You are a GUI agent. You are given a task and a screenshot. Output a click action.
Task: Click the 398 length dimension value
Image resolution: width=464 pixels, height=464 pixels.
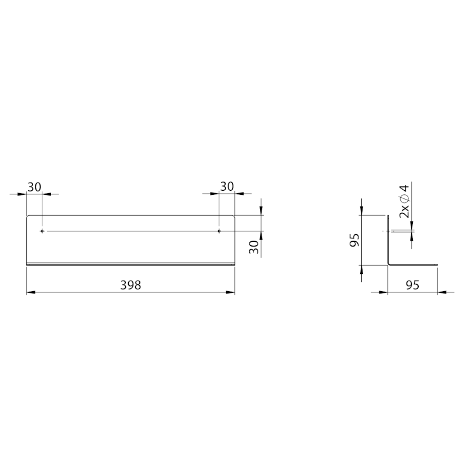point(130,285)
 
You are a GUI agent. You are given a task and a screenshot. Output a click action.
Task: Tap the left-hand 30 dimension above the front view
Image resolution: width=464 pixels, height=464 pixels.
point(34,187)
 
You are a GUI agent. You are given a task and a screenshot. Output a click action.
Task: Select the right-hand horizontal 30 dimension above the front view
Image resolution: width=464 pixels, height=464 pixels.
point(227,186)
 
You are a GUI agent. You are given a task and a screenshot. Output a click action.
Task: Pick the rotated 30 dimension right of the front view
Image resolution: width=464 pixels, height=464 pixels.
point(254,247)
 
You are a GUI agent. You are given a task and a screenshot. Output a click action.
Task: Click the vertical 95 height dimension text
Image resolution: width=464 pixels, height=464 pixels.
point(354,240)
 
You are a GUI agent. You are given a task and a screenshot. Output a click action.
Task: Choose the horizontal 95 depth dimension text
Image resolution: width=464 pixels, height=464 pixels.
point(412,285)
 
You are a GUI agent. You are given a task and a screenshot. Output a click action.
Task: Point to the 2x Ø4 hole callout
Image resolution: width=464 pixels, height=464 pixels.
point(404,201)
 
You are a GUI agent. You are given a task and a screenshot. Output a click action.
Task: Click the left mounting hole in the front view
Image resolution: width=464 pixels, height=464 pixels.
point(42,231)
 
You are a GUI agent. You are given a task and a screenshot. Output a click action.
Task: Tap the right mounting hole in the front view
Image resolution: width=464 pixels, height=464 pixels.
point(219,231)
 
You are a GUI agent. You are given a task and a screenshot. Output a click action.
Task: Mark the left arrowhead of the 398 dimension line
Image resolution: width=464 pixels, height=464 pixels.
point(31,292)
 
